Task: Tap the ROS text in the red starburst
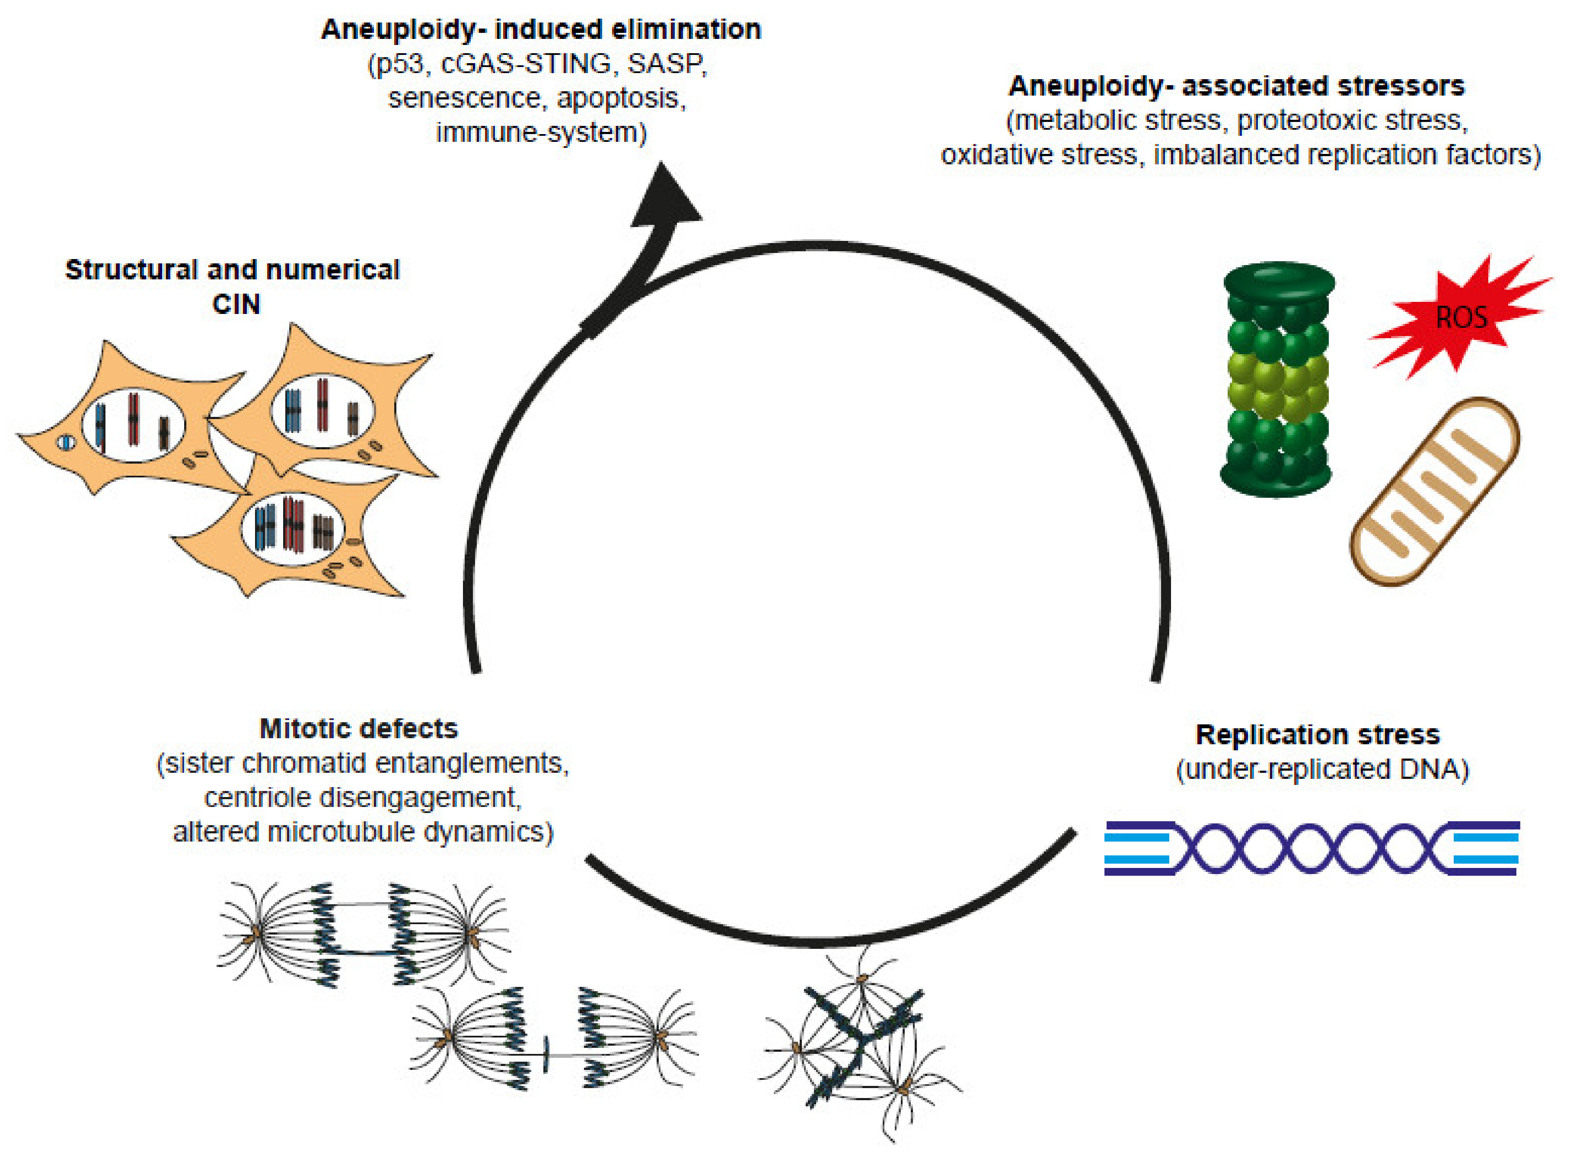[1462, 318]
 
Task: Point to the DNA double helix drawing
[1311, 848]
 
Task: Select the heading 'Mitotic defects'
[358, 729]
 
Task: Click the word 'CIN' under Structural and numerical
[236, 304]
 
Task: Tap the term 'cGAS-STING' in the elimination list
[526, 64]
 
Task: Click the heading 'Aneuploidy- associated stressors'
[1236, 86]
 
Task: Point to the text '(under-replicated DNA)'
[1322, 770]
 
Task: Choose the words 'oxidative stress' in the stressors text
[1039, 154]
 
